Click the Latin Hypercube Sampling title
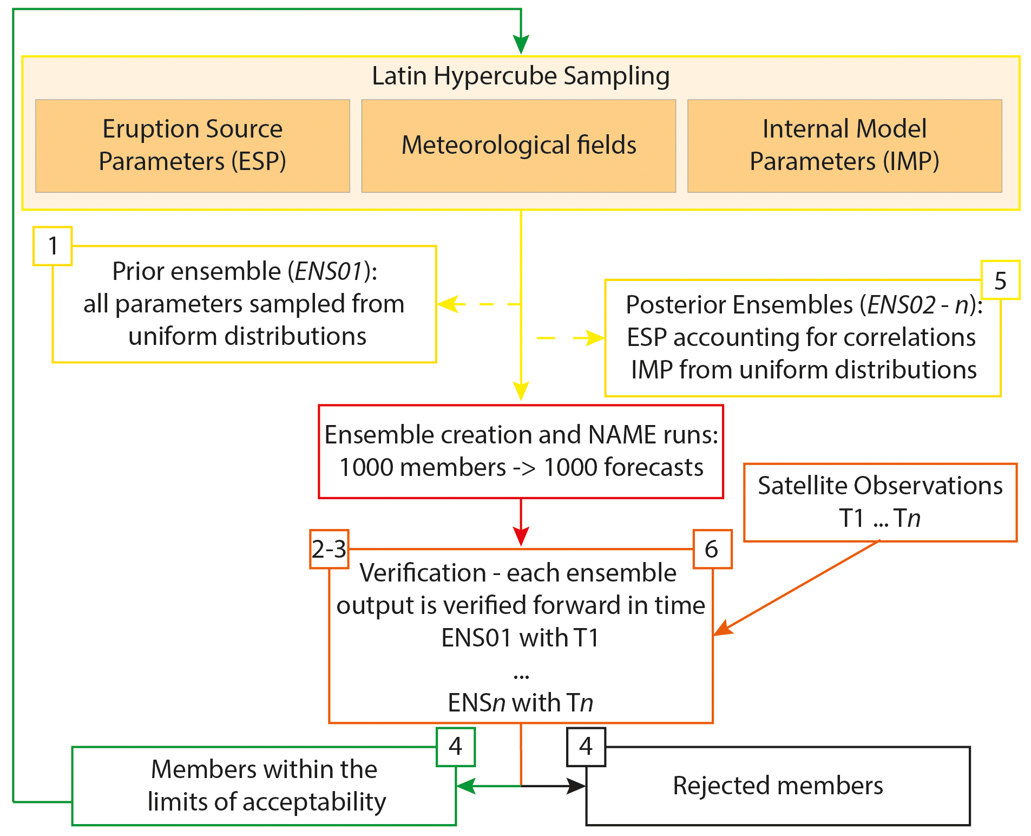pos(521,76)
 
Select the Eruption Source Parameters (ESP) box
pos(193,146)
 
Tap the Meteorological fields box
pos(518,146)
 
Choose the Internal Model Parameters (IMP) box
pos(844,146)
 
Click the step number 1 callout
pos(52,246)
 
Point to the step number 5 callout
pos(1000,280)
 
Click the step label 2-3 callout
pos(329,549)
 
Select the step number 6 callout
pos(712,549)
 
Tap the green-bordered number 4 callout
pos(456,747)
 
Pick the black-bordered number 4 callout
pos(586,747)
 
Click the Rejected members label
pos(778,786)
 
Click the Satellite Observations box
pos(880,502)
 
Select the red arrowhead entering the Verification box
pos(521,536)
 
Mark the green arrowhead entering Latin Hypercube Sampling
pos(521,44)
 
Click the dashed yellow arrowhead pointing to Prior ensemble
pos(448,304)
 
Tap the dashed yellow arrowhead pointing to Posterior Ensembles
pos(594,338)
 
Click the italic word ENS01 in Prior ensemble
pos(329,271)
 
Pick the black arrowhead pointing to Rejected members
pos(576,786)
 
